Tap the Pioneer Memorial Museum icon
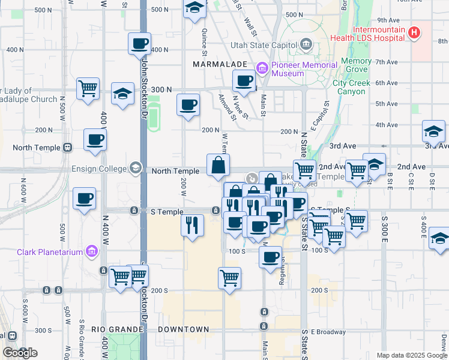pos(262,69)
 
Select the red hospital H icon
pos(414,34)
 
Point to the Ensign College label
pos(99,168)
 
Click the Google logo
pos(19,353)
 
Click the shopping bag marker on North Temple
pos(217,164)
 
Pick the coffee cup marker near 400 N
pos(139,43)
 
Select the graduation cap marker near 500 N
pos(194,8)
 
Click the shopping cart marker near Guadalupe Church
pos(88,88)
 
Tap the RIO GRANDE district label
pos(116,329)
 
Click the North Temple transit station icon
pos(67,148)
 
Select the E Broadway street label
pos(329,332)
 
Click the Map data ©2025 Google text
pos(411,355)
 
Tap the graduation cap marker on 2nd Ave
pos(374,164)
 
